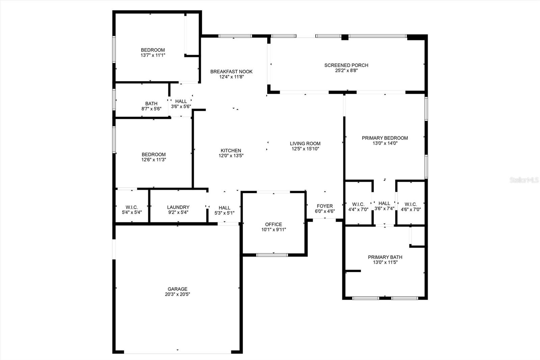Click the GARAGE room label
[178, 289]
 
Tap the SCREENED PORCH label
[346, 65]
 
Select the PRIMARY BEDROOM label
[385, 138]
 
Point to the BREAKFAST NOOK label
[232, 72]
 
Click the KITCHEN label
[231, 151]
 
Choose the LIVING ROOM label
[305, 144]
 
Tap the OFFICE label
[274, 224]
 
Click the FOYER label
[325, 206]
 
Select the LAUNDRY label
[178, 207]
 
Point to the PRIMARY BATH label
[385, 257]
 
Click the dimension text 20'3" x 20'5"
[178, 294]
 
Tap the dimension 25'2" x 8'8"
[346, 71]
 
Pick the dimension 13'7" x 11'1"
[153, 55]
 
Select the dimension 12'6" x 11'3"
[154, 160]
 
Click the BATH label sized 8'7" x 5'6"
[152, 104]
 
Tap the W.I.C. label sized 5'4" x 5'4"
[132, 207]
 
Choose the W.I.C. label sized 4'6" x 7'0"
[411, 204]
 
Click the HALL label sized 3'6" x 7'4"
[384, 203]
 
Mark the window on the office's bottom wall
[272, 255]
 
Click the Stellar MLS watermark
[524, 180]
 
